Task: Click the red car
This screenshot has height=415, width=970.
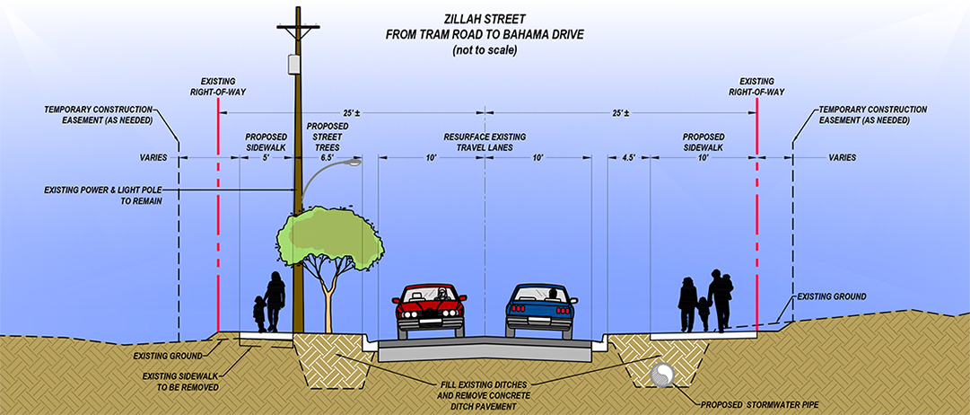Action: point(432,309)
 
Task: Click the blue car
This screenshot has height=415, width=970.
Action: point(541,309)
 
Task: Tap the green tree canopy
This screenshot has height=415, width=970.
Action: point(325,237)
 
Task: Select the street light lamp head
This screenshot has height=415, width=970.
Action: point(355,163)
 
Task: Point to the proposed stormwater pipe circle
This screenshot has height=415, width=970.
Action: point(663,375)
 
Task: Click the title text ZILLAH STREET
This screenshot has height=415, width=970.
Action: point(485,19)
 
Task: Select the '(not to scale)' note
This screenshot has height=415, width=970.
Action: point(485,51)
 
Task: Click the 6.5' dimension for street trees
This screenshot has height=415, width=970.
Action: point(328,157)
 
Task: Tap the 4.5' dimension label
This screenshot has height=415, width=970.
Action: point(628,157)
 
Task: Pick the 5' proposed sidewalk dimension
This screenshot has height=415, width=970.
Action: point(266,157)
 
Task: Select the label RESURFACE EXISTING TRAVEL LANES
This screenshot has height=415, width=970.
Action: point(485,142)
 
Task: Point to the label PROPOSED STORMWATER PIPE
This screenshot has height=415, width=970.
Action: point(760,402)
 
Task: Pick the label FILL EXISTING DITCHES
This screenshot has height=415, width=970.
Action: point(485,385)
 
